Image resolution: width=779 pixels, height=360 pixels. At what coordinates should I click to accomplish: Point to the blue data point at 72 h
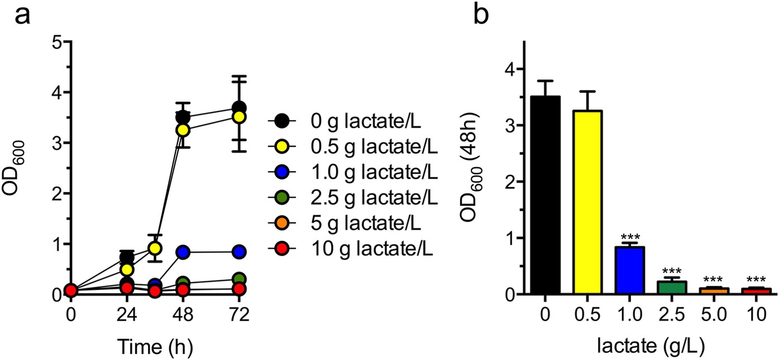point(240,251)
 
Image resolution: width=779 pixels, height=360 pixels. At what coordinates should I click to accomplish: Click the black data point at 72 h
point(240,108)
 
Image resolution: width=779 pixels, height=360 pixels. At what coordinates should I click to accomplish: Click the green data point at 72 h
point(240,279)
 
